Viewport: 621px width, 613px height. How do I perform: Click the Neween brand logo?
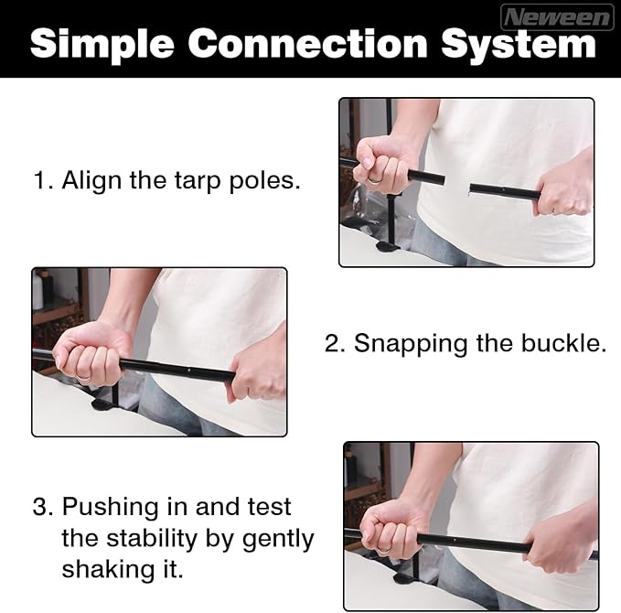557,17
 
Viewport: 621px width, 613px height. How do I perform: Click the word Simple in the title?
102,45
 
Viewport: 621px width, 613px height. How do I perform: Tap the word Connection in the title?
307,43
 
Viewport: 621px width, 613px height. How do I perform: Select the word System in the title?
519,45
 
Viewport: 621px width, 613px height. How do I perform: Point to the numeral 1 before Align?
40,180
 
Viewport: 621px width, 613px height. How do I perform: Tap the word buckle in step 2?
563,342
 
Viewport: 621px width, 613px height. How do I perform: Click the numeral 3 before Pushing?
42,506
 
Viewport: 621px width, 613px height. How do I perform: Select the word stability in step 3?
152,539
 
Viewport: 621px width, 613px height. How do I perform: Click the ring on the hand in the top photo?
374,180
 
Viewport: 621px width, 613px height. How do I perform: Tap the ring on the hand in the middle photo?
83,377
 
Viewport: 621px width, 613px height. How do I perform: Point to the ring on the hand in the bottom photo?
384,550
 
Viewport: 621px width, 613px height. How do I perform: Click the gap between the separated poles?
457,183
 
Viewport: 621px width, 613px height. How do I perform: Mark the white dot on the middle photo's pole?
189,371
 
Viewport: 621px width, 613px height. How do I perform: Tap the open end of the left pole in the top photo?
443,179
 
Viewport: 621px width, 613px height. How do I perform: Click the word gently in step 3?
278,539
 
